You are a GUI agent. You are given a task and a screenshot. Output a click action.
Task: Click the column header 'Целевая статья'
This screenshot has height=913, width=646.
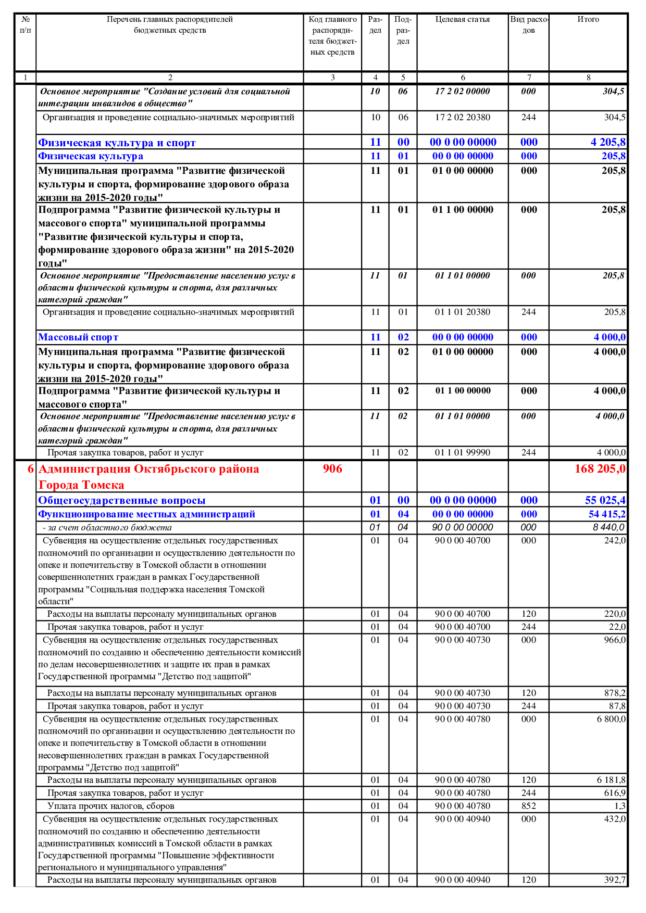[x=463, y=20]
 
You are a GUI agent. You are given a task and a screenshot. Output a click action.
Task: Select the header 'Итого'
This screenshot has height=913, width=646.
[x=588, y=20]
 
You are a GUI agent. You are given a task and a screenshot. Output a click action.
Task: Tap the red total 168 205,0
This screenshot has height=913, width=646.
[x=600, y=469]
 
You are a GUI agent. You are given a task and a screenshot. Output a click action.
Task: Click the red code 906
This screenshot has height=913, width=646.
[x=332, y=469]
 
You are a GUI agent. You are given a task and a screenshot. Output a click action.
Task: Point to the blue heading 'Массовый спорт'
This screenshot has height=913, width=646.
[x=78, y=337]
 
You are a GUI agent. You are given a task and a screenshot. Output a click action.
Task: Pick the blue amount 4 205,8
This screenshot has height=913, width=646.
[x=608, y=142]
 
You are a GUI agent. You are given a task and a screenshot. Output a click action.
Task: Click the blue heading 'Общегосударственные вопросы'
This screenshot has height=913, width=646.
[x=122, y=501]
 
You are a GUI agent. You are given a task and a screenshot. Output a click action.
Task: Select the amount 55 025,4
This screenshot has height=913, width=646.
[x=605, y=501]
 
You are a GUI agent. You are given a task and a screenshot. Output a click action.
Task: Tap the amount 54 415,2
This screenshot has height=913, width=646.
[x=607, y=514]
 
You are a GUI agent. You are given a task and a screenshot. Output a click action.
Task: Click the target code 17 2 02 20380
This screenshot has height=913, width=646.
[x=463, y=118]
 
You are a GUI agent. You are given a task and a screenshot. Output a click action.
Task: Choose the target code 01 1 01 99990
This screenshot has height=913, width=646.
[x=463, y=453]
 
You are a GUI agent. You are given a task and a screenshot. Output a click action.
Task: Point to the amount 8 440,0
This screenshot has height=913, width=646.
[x=608, y=527]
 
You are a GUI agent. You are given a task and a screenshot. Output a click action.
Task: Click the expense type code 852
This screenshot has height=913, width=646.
[x=529, y=806]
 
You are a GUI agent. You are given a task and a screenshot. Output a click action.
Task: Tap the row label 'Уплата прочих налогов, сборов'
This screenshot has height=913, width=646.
[x=111, y=806]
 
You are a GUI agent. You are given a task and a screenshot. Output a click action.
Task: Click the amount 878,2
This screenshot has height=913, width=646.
[x=615, y=693]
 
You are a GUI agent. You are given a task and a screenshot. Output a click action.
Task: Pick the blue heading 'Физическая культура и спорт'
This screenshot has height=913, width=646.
[x=117, y=143]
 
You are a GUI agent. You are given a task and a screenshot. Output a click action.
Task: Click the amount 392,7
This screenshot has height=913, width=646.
[x=615, y=880]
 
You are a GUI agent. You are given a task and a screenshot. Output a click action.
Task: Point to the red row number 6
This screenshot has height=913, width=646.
[x=31, y=469]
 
